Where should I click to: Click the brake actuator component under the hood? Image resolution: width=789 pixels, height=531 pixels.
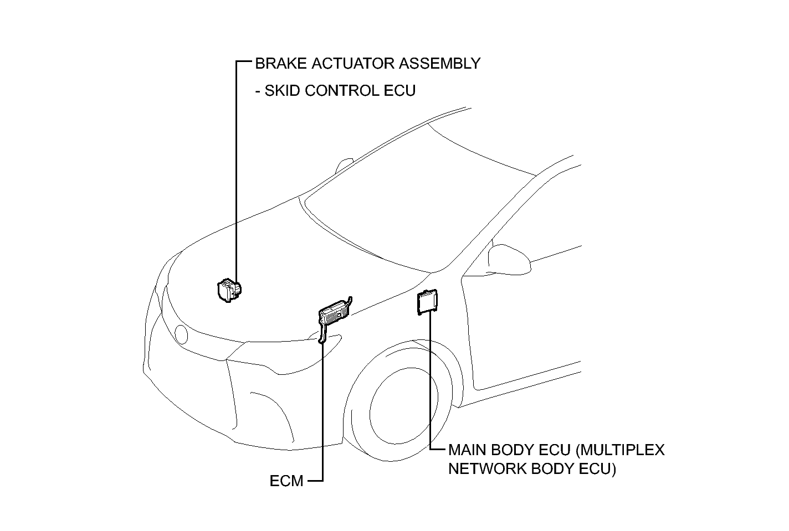(229, 290)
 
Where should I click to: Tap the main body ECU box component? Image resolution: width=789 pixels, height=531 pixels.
(427, 302)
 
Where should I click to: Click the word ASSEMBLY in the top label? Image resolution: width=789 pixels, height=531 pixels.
(439, 64)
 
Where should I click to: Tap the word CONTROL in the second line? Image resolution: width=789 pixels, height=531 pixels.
(342, 91)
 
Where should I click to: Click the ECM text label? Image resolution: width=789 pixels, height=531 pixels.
(286, 481)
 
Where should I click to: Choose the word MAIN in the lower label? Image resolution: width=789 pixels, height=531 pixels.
(467, 450)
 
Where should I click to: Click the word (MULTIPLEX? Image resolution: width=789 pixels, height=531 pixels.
(620, 450)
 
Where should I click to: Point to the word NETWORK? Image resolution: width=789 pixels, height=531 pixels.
(487, 469)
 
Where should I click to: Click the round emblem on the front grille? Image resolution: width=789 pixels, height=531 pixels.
(181, 334)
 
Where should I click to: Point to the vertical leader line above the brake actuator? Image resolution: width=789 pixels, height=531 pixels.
(237, 172)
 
